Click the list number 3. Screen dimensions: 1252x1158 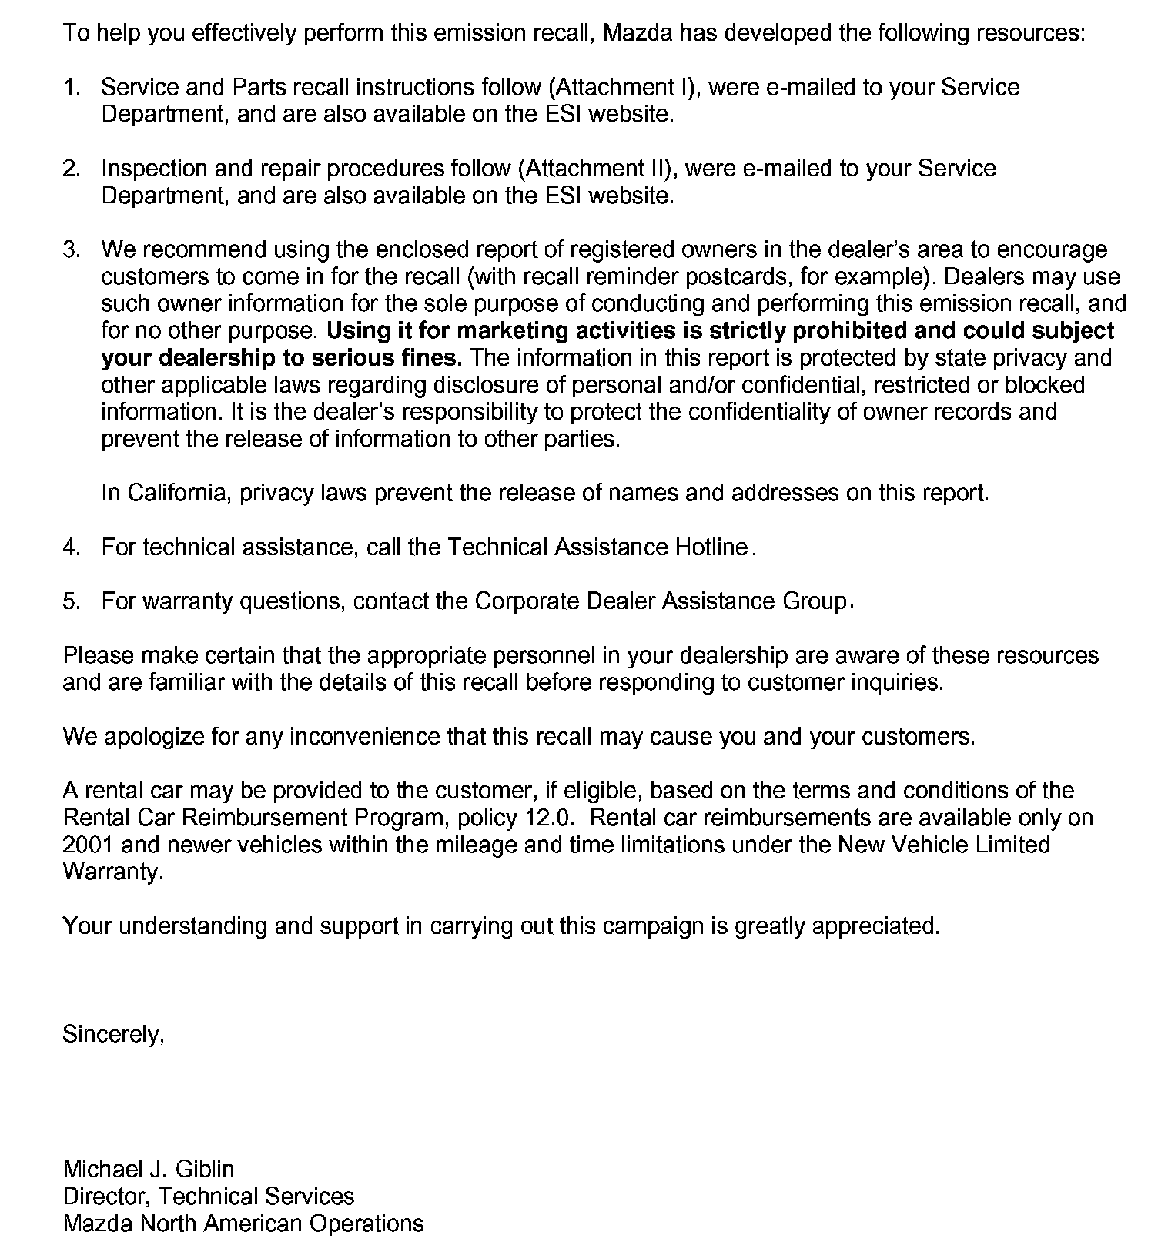(x=71, y=249)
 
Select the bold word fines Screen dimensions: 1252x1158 (x=431, y=357)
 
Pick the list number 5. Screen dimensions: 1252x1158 (x=71, y=601)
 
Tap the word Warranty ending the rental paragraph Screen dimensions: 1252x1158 (x=112, y=872)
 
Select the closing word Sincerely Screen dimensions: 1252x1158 (x=113, y=1034)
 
